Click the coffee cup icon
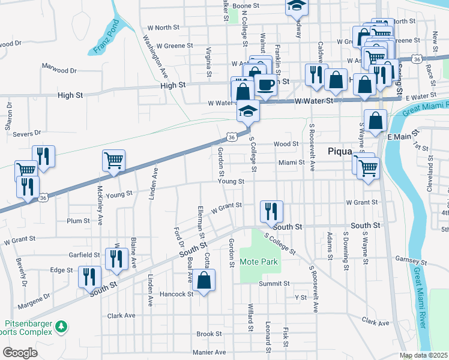pyautogui.click(x=266, y=84)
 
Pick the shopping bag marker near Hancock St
pyautogui.click(x=204, y=280)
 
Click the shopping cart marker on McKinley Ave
pyautogui.click(x=113, y=160)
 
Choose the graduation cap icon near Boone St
pyautogui.click(x=295, y=5)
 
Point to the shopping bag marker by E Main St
pyautogui.click(x=375, y=121)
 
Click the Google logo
pyautogui.click(x=20, y=352)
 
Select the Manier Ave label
pyautogui.click(x=209, y=352)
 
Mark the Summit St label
pyautogui.click(x=274, y=283)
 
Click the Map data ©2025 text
pyautogui.click(x=423, y=355)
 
